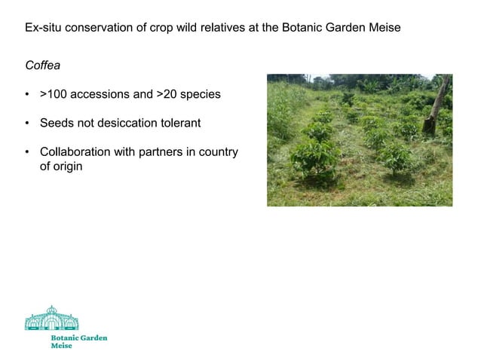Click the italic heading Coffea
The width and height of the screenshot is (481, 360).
point(42,66)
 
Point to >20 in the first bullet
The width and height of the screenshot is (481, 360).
point(167,95)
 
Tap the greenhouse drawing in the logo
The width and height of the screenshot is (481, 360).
point(51,319)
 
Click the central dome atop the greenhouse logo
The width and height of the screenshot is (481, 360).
point(51,310)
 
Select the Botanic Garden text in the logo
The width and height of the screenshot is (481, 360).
point(78,338)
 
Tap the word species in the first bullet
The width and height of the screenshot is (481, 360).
point(201,95)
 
